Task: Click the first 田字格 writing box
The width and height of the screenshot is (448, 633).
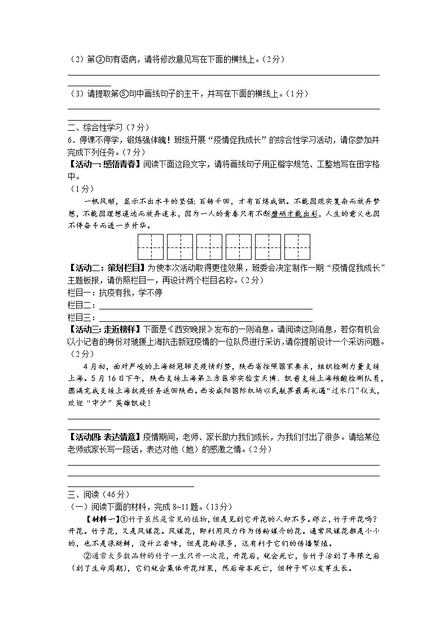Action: [151, 246]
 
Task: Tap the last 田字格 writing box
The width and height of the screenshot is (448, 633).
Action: [297, 246]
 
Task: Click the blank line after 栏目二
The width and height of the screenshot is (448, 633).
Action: [206, 306]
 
